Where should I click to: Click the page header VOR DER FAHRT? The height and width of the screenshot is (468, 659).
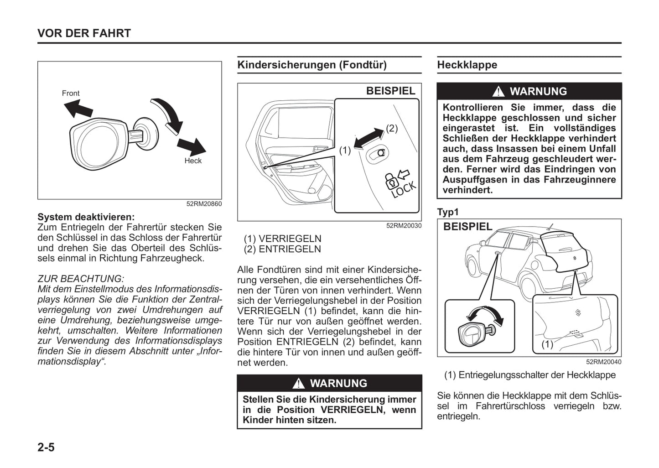(84, 33)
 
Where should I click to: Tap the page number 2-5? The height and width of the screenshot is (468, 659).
(46, 447)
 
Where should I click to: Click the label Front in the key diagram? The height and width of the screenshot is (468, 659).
(71, 93)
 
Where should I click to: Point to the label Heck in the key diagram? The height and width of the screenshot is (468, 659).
(193, 161)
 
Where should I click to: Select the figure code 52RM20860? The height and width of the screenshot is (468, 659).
(204, 204)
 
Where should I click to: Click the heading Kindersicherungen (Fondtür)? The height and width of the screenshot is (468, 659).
(312, 65)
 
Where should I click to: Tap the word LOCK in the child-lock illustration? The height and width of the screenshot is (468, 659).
(404, 188)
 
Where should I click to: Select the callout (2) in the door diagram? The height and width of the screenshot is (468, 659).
(392, 128)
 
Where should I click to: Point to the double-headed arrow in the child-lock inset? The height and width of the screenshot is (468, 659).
(369, 138)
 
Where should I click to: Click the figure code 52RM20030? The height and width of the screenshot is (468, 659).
(404, 225)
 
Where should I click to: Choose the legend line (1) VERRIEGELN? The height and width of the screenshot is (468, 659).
(282, 239)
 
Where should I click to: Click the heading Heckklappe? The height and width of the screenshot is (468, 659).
(467, 65)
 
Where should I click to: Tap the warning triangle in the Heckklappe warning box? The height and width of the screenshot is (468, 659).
(498, 92)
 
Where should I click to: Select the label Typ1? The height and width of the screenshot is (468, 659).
(448, 212)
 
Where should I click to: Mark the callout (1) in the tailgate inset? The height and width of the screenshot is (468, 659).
(547, 344)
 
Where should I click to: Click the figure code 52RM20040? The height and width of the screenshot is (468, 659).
(604, 362)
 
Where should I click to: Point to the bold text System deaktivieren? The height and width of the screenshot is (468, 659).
(86, 217)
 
